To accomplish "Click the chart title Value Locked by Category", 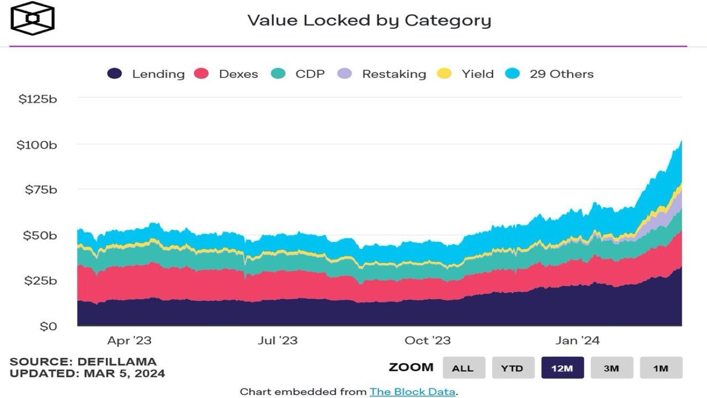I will pos(369,21).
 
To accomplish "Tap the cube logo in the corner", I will pos(32,18).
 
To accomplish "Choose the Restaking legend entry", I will pos(381,74).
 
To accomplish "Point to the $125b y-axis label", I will pos(37,99).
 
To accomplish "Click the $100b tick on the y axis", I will pos(37,145).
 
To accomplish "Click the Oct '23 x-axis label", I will pos(427,341).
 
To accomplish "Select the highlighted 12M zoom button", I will pos(562,368).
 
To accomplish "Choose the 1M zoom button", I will pos(661,368).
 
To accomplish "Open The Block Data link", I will pos(412,392).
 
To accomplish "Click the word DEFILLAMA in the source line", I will pos(117,362).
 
